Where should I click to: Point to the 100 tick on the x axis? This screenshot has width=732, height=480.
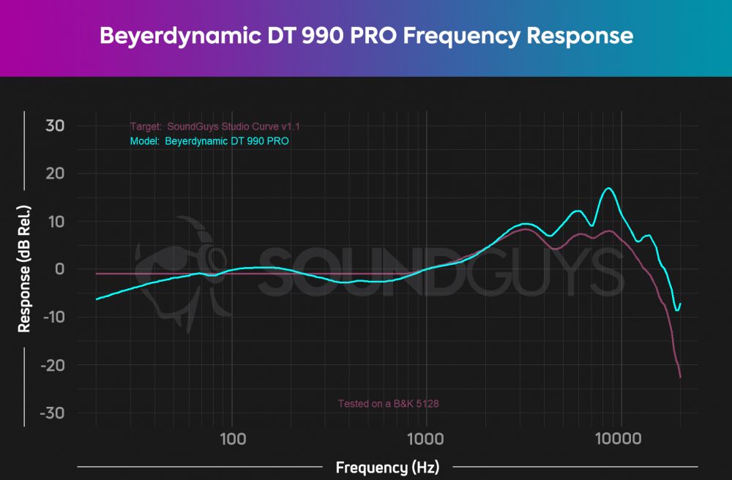click(x=232, y=438)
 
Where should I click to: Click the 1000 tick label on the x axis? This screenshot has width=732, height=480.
click(x=426, y=438)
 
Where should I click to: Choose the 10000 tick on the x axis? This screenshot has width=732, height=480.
click(x=621, y=438)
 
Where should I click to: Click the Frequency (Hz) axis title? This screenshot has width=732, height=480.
click(x=387, y=467)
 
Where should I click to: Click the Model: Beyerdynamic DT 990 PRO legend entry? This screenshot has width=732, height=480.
click(x=209, y=141)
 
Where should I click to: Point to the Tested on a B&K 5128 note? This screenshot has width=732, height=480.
click(x=388, y=403)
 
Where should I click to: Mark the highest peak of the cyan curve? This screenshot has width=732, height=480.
click(x=608, y=188)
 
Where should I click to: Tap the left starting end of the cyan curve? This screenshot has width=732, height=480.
click(x=97, y=299)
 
